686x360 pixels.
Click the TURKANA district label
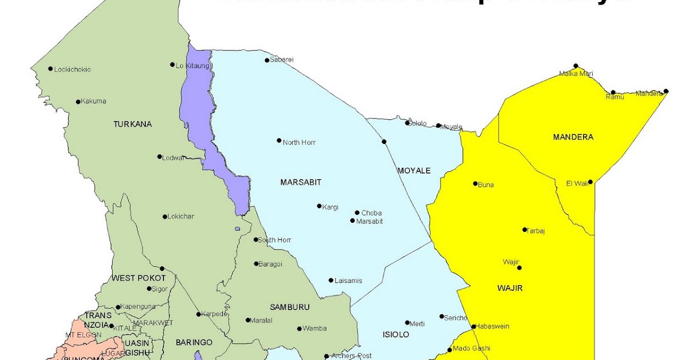point(133,124)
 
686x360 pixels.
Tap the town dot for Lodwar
point(159,157)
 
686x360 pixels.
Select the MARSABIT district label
point(301,182)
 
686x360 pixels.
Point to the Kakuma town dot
point(78,102)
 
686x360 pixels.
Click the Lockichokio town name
point(72,70)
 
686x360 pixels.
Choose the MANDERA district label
point(573,137)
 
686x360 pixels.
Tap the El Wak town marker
point(591,182)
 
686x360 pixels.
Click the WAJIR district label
point(509,288)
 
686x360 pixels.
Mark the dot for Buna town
point(475,183)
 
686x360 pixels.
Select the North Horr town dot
point(279,141)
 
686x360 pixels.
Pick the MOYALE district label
point(413,171)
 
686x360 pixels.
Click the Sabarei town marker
point(266,60)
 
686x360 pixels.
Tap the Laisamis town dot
point(331,281)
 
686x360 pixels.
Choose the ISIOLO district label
point(395,334)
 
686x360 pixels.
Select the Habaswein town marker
point(473,327)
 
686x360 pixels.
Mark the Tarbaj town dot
point(525,230)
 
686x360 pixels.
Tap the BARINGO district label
point(194,342)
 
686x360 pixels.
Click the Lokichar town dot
point(165,217)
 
